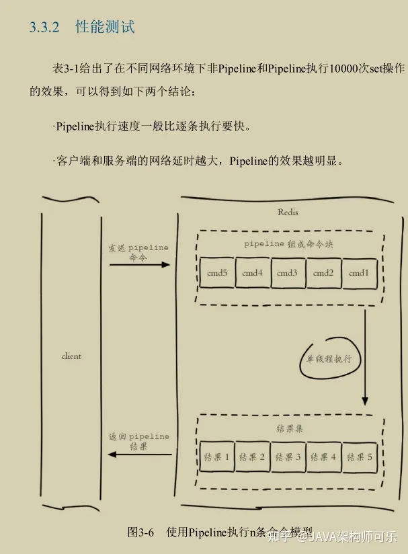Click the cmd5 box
pyautogui.click(x=217, y=273)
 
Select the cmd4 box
pyautogui.click(x=252, y=273)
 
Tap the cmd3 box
pyautogui.click(x=287, y=273)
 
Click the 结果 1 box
pyautogui.click(x=216, y=457)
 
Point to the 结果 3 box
pyautogui.click(x=288, y=457)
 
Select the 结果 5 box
pyautogui.click(x=360, y=457)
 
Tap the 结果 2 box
pyautogui.click(x=252, y=457)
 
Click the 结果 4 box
pyautogui.click(x=323, y=457)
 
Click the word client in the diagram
pyautogui.click(x=71, y=356)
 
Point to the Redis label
pyautogui.click(x=288, y=212)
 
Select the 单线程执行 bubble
pyautogui.click(x=329, y=358)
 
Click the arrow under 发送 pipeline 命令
pyautogui.click(x=139, y=265)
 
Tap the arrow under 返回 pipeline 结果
pyautogui.click(x=139, y=454)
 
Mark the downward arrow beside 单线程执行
pyautogui.click(x=365, y=356)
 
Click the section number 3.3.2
pyautogui.click(x=44, y=28)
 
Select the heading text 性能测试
pyautogui.click(x=105, y=28)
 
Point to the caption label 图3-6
pyautogui.click(x=140, y=532)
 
